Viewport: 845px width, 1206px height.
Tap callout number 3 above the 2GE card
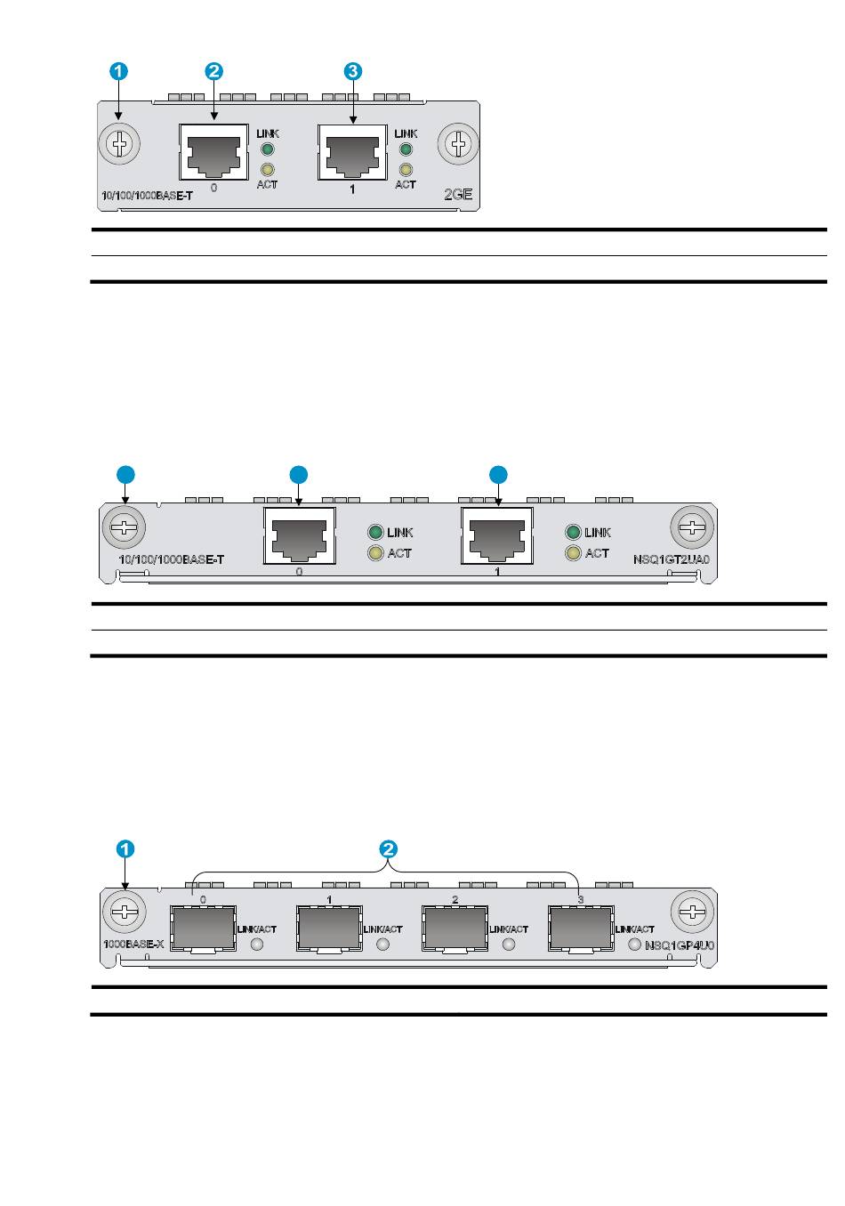tap(353, 72)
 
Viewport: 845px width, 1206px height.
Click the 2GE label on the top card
tap(457, 193)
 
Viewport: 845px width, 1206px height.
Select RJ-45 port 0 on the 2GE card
tap(213, 151)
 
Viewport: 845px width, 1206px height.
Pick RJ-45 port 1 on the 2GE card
tap(353, 151)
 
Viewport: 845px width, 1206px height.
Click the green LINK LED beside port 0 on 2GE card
tap(267, 149)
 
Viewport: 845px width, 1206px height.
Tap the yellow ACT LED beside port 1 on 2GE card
tap(406, 169)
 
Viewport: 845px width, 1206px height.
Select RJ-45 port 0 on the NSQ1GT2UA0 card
tap(300, 535)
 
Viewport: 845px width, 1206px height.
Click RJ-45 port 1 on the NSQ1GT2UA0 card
tap(497, 535)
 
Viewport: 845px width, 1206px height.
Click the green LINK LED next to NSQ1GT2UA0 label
tap(573, 533)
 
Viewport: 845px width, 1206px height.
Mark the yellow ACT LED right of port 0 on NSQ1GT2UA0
tap(375, 554)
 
